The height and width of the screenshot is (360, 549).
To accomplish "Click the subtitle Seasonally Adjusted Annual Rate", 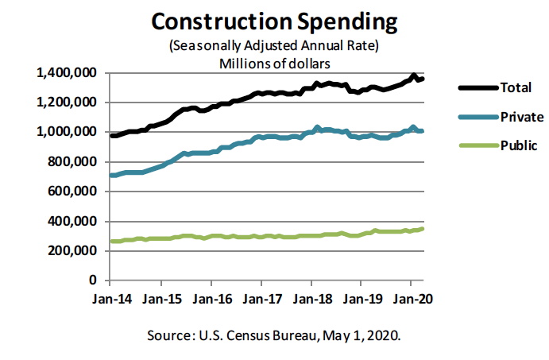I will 273,45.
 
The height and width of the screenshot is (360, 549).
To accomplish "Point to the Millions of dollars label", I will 273,61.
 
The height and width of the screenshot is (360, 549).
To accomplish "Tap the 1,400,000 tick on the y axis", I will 67,73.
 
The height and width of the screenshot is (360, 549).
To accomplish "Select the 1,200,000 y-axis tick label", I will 67,103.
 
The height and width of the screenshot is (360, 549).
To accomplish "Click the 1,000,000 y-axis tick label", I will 67,132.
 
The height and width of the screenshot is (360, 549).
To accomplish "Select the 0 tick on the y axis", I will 93,281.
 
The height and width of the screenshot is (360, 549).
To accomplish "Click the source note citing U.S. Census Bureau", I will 273,336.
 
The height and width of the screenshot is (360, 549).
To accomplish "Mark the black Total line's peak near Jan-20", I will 413,75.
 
